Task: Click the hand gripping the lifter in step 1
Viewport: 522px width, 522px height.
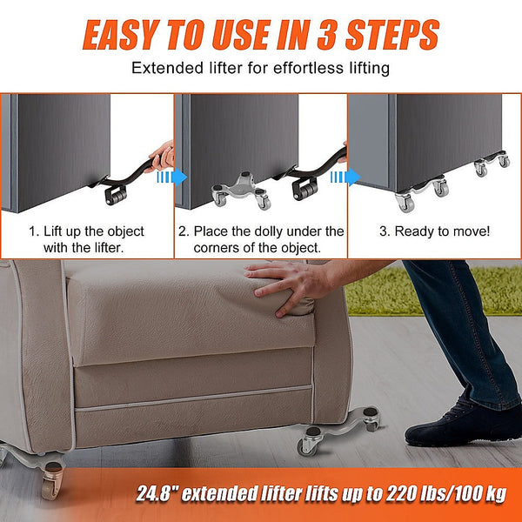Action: coord(162,156)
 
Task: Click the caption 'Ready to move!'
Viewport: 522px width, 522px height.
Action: coord(434,231)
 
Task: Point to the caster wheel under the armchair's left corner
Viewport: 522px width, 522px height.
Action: coord(51,478)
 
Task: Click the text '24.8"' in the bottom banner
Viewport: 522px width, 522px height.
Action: coord(158,494)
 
